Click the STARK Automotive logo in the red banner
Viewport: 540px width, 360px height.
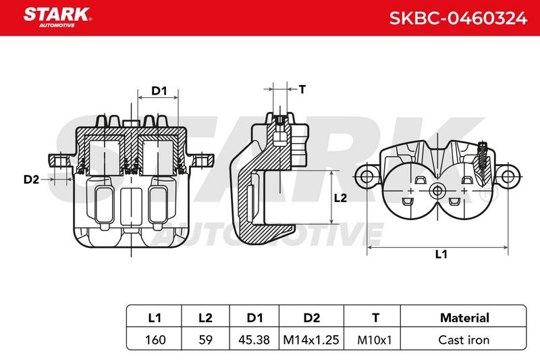[57, 18]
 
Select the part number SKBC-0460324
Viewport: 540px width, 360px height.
[458, 18]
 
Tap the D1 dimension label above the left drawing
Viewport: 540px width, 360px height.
[159, 91]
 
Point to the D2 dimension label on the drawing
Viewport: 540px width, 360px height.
[31, 179]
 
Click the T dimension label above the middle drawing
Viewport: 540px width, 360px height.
[302, 90]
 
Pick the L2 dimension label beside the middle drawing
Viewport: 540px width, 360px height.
[340, 198]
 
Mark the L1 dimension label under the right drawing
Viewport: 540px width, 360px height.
[441, 254]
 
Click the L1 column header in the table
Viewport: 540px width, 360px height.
[155, 317]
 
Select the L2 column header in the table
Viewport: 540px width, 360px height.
[206, 317]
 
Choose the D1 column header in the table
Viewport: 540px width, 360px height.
[254, 317]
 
